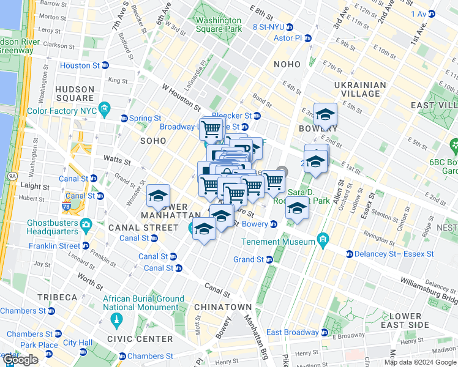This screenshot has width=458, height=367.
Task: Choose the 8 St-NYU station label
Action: click(267, 27)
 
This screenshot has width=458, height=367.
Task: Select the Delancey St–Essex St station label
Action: click(395, 254)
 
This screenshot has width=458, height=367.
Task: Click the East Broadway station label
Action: click(292, 332)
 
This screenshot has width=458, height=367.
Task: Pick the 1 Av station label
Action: click(419, 13)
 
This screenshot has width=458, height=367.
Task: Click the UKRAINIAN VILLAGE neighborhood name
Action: click(360, 89)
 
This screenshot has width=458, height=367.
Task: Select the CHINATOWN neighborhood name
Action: click(222, 306)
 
